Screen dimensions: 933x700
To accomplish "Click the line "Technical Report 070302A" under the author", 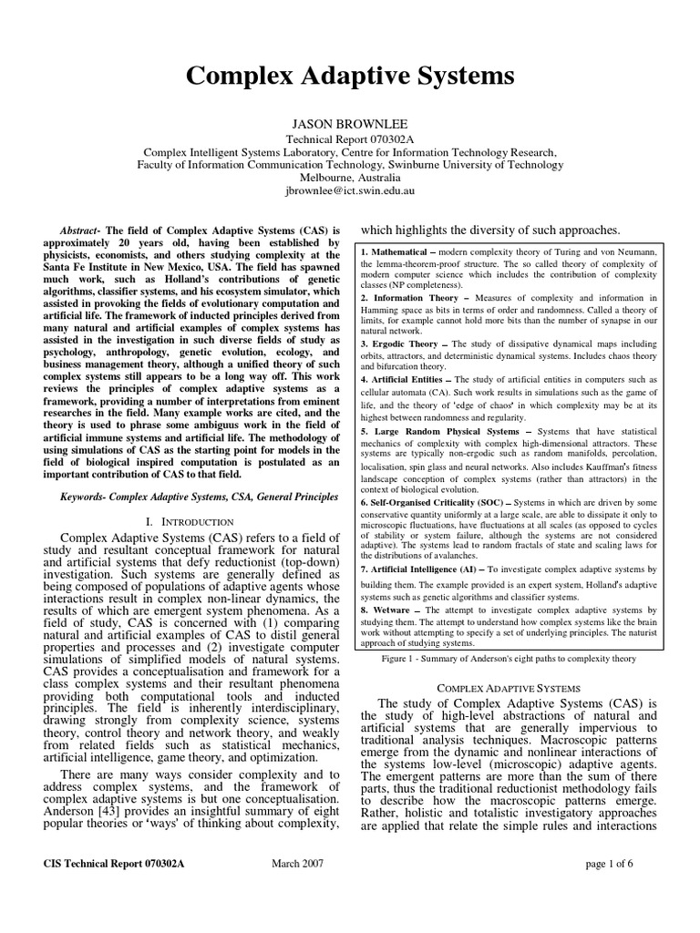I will click(350, 137).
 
